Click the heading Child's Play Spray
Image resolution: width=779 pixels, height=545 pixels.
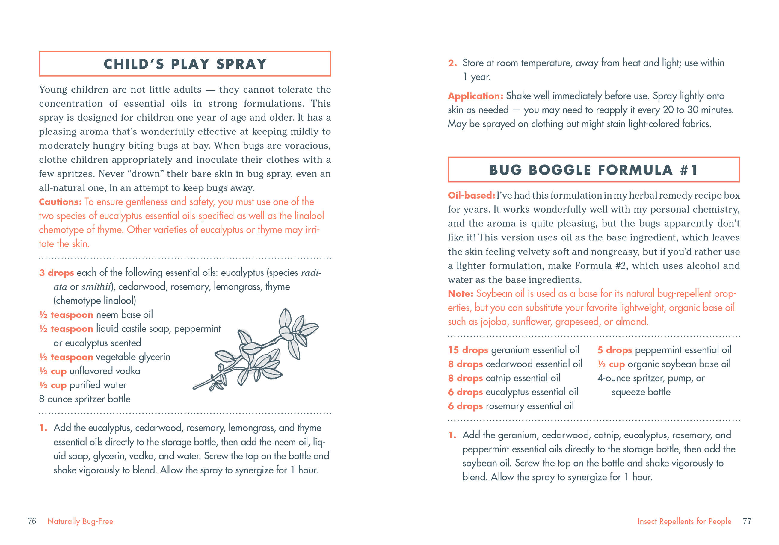185,64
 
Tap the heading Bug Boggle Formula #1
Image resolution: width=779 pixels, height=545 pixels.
594,170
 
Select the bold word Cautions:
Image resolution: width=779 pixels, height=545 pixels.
60,202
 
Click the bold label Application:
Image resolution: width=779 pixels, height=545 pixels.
475,96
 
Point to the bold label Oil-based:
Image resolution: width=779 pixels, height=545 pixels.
471,196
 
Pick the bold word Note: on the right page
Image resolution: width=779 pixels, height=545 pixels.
461,294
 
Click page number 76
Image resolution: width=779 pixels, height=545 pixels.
32,521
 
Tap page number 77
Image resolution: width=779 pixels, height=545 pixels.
747,521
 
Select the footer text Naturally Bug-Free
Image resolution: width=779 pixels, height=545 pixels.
80,521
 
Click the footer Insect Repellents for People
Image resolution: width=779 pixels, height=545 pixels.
684,521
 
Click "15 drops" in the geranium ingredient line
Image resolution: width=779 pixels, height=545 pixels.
468,350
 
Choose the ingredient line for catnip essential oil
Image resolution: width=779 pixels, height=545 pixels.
504,378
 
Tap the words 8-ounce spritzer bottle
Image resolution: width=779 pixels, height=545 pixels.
85,399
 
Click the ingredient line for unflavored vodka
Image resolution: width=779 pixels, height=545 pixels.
90,371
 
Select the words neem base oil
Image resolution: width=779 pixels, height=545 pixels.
124,315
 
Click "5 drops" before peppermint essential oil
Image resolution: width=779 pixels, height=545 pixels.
615,350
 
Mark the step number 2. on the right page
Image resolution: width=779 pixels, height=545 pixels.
452,63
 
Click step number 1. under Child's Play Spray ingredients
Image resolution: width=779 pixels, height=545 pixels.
43,428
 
